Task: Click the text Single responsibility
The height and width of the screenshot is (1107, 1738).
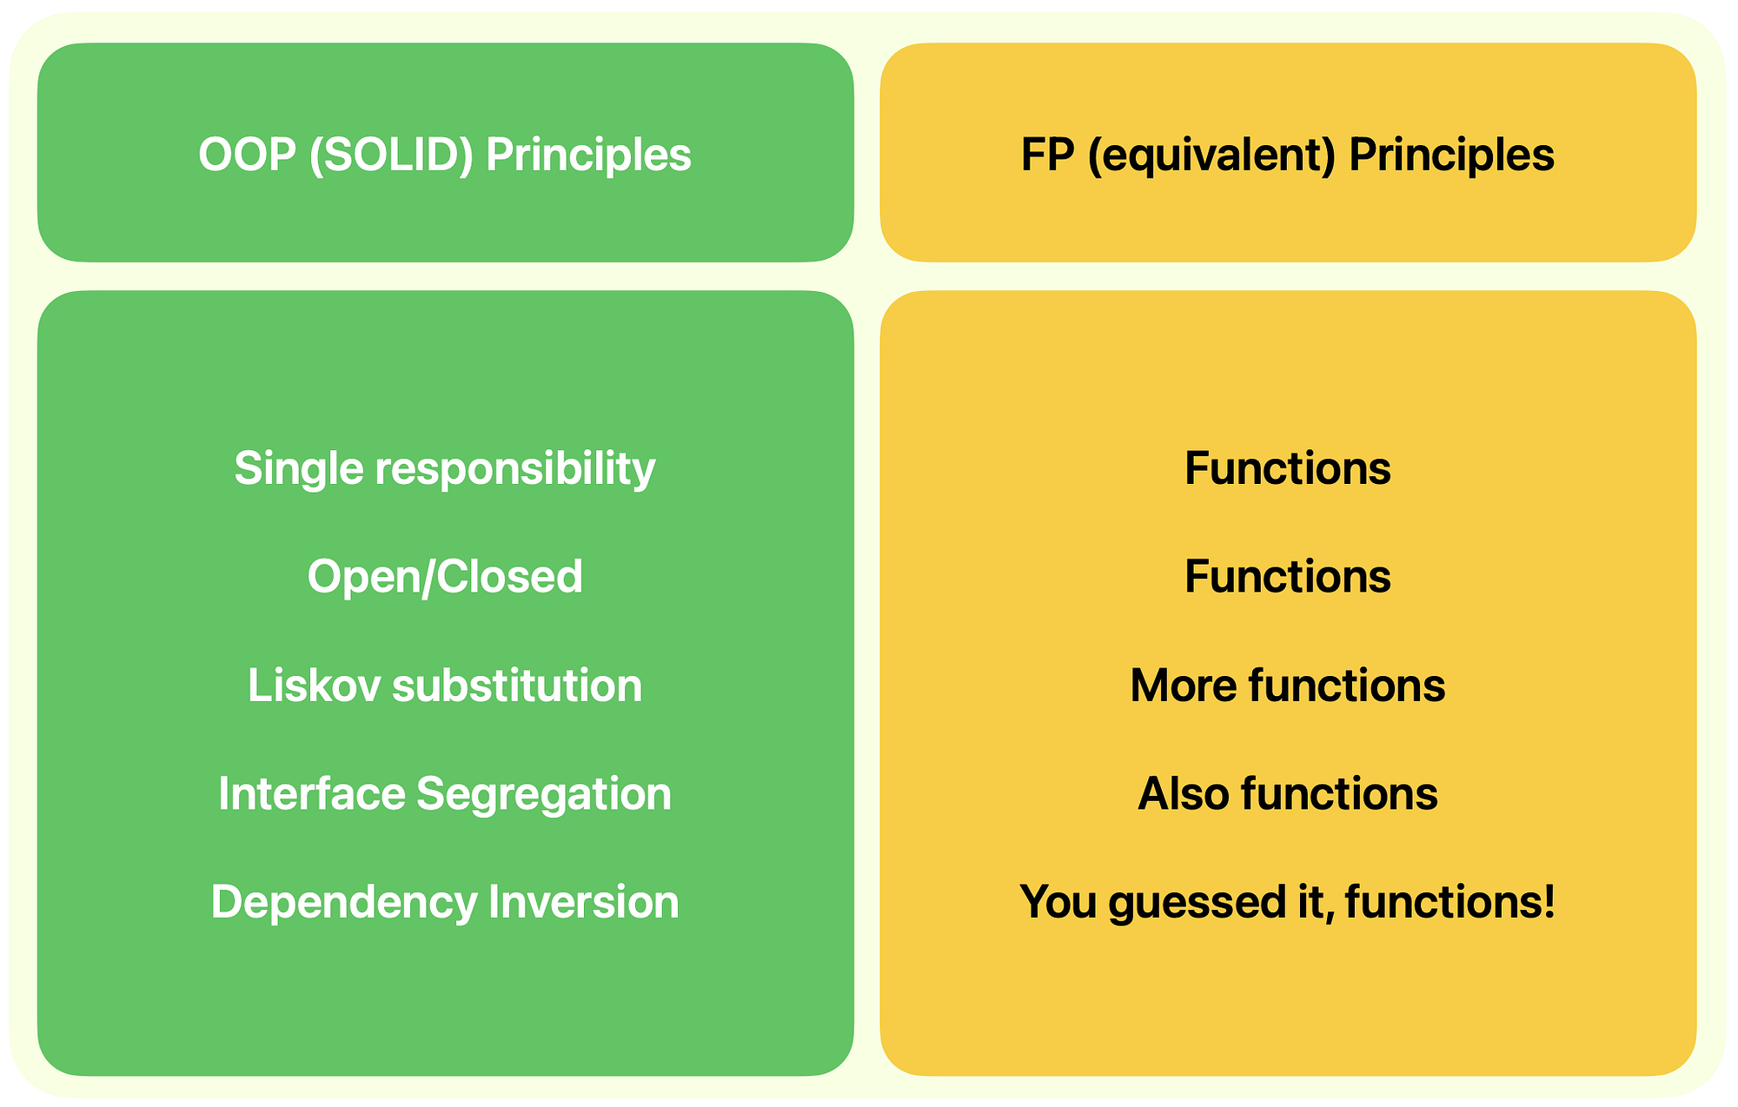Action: (x=445, y=470)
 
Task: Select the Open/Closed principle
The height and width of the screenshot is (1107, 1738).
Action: (x=445, y=577)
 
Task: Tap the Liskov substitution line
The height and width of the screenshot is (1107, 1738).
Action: (x=445, y=686)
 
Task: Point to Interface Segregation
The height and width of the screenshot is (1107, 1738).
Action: (x=445, y=795)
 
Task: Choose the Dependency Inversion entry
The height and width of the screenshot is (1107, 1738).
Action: (x=445, y=903)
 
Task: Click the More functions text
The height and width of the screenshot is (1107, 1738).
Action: (x=1288, y=686)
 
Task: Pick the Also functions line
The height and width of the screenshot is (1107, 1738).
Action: (x=1288, y=794)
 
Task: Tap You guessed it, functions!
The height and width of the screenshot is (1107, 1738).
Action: (x=1288, y=903)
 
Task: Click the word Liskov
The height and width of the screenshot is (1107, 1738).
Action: (x=315, y=686)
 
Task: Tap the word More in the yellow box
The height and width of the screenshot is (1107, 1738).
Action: (x=1184, y=686)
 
